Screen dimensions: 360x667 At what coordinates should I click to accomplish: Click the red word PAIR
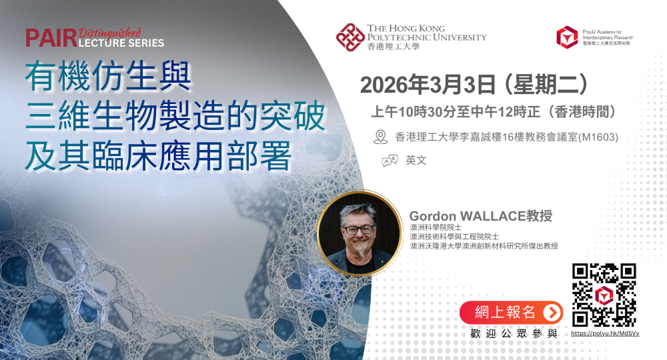(x=50, y=38)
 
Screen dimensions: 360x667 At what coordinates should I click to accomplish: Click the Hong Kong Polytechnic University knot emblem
(x=350, y=37)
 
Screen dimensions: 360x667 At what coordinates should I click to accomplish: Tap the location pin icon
(x=381, y=137)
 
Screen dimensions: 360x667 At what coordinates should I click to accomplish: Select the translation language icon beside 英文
(x=390, y=161)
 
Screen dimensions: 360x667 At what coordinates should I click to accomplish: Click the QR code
(x=604, y=294)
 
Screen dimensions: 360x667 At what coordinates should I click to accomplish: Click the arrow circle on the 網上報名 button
(x=552, y=312)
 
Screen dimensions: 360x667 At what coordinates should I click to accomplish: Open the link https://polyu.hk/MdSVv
(x=604, y=333)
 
